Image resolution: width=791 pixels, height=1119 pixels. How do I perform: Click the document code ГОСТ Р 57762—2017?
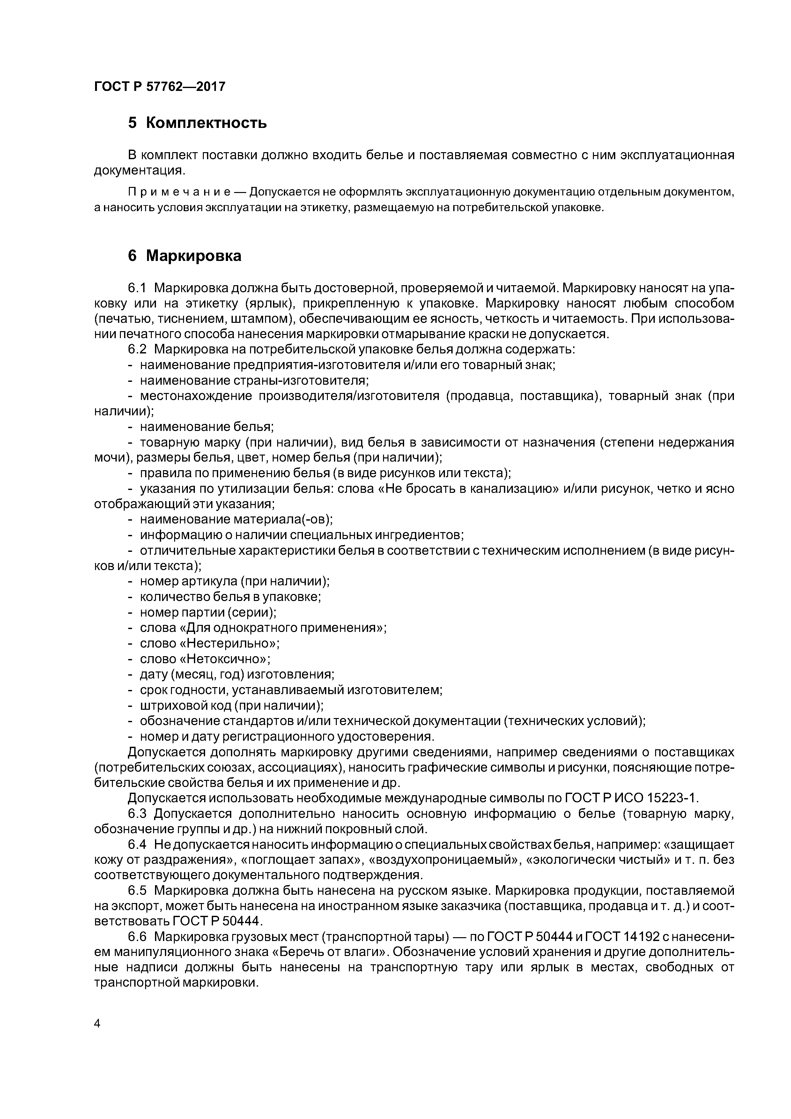[x=159, y=87]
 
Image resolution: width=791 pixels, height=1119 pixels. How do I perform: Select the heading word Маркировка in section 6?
[x=194, y=256]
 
